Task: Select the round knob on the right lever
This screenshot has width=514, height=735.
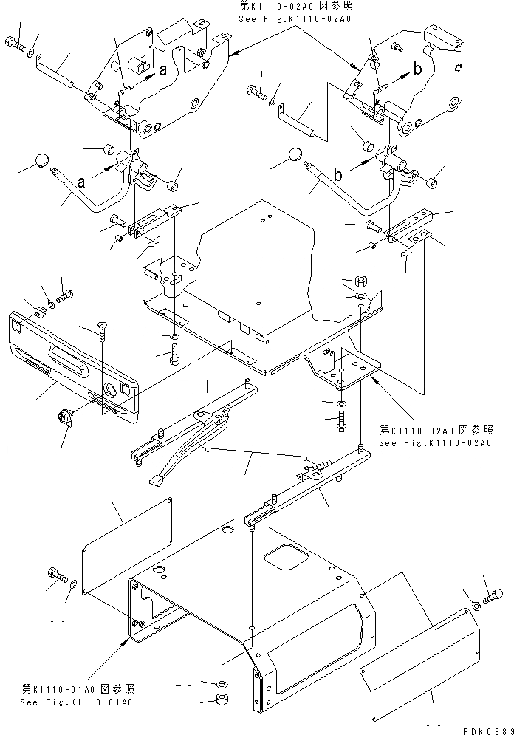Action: (295, 155)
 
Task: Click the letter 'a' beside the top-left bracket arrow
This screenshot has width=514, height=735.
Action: (162, 70)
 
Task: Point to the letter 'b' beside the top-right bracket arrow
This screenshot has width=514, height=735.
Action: (417, 70)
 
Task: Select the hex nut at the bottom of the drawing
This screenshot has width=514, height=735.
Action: (222, 700)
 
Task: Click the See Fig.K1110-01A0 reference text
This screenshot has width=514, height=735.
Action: (77, 702)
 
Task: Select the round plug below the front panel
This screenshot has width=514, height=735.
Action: (63, 420)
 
